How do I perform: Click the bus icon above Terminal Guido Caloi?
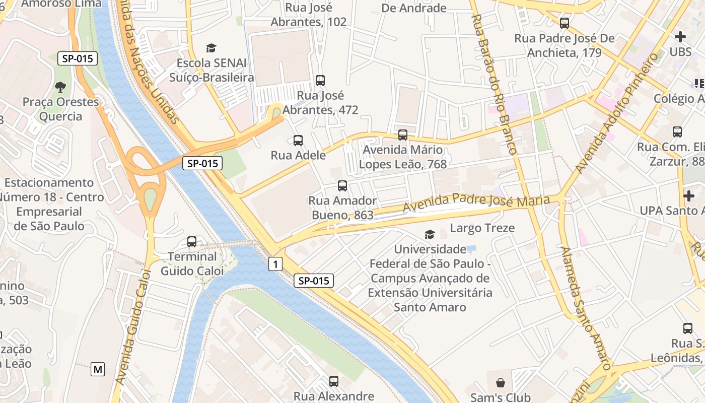192,241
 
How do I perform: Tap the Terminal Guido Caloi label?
192,264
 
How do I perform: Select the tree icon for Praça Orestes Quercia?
60,87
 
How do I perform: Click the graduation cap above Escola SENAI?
211,48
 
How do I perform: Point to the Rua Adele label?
298,155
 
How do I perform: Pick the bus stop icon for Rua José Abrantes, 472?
320,80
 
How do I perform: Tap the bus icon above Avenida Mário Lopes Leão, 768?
402,135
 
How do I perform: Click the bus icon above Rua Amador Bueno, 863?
342,185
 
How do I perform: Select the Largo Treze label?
482,228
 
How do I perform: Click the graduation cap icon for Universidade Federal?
430,234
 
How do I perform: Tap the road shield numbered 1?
275,263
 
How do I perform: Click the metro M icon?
98,369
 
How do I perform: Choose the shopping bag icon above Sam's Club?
500,383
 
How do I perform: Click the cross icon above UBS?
680,36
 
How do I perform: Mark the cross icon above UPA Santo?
688,195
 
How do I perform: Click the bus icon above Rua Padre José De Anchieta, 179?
564,23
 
